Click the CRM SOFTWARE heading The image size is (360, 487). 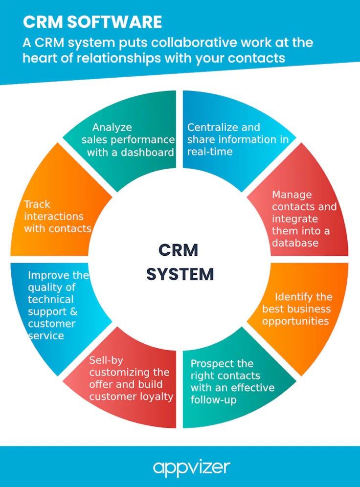tap(92, 22)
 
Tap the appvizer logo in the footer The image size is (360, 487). tap(191, 467)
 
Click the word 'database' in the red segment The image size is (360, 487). tap(295, 243)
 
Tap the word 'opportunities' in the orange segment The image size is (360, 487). tap(295, 321)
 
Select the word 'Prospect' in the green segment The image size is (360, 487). tap(211, 364)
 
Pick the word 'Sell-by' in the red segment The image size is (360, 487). tap(106, 360)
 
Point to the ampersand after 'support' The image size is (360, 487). tap(73, 311)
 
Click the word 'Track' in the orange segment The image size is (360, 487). tap(37, 204)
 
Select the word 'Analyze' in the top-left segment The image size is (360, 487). tap(112, 128)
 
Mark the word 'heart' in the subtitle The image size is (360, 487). tap(42, 58)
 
